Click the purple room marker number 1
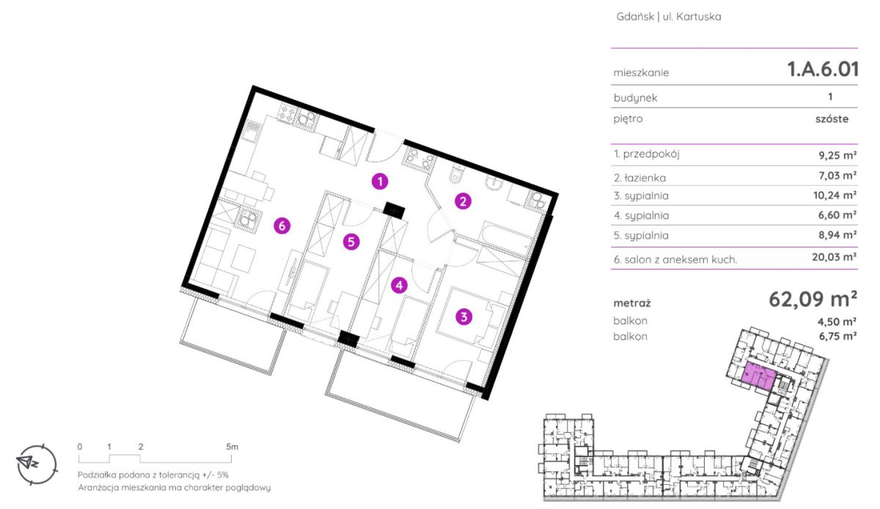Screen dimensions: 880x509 [380, 182]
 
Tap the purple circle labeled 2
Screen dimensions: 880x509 [463, 201]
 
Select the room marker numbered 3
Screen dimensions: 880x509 [463, 316]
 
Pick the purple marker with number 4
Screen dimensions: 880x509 [399, 286]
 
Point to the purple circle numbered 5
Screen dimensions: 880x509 [351, 242]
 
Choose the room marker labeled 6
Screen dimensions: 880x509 [282, 226]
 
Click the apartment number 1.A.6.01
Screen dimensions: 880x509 [823, 70]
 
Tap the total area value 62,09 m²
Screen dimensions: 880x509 [813, 300]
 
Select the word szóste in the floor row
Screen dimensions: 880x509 [832, 119]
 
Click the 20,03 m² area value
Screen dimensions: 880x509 [834, 257]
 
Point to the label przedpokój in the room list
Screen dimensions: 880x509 [651, 155]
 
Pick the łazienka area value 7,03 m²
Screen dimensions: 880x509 [837, 175]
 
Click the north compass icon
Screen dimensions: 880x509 [37, 464]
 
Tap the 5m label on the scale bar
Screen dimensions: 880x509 [232, 447]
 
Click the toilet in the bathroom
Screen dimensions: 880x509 [456, 174]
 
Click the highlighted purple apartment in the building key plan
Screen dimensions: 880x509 [758, 376]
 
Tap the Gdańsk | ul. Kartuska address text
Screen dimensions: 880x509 [669, 17]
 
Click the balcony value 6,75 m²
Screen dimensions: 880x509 [837, 336]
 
